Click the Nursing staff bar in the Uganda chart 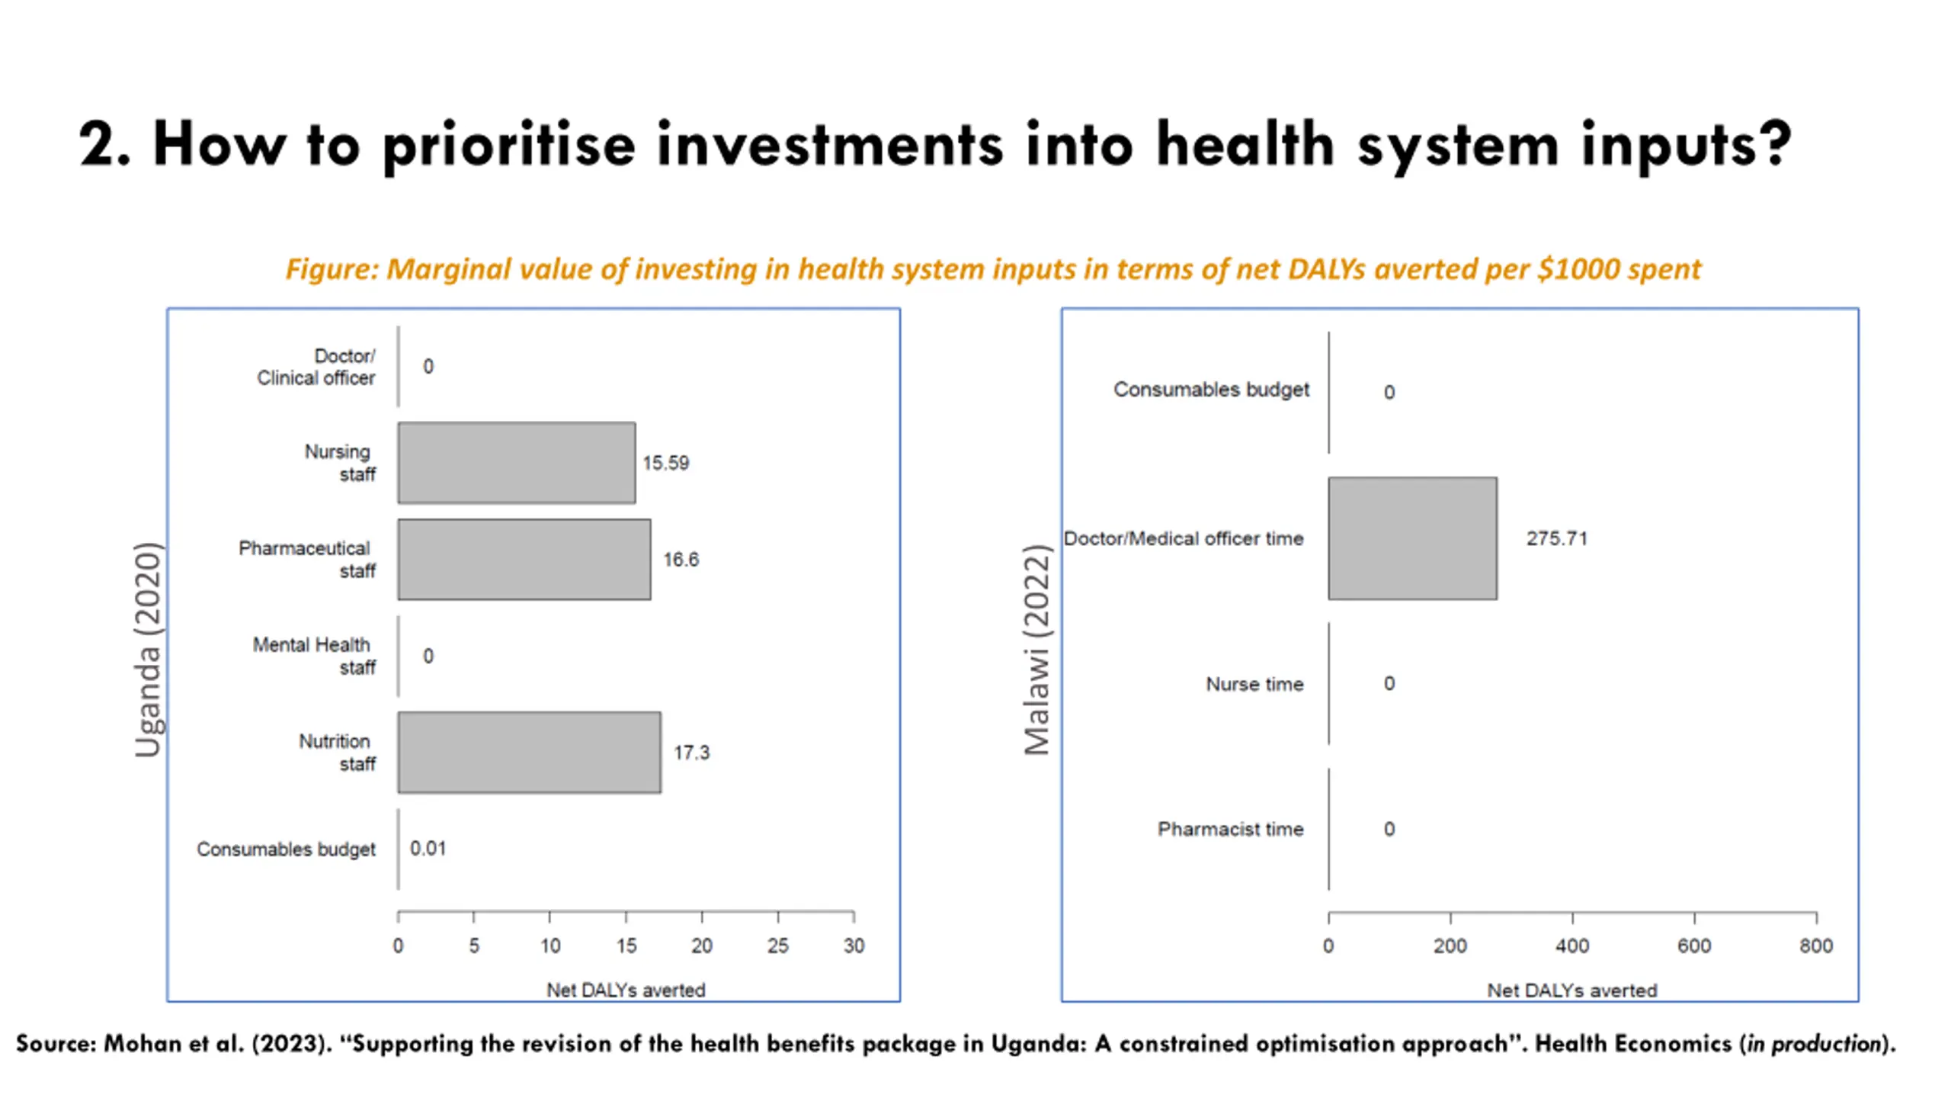coord(516,463)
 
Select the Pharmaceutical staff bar coord(524,560)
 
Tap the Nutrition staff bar coord(529,753)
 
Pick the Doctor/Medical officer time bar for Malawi coord(1412,538)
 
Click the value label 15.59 coord(665,463)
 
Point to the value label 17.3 coord(691,753)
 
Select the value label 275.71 coord(1556,538)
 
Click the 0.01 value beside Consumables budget coord(428,849)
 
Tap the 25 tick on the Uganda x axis coord(777,945)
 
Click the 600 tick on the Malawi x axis coord(1693,945)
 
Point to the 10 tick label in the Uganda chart coord(549,945)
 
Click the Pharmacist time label coord(1230,829)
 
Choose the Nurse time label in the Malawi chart coord(1254,684)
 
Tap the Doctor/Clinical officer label coord(316,367)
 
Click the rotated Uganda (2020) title coord(147,650)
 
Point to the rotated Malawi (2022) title coord(1037,650)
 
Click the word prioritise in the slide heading coord(508,145)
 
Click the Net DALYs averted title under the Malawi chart coord(1571,990)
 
